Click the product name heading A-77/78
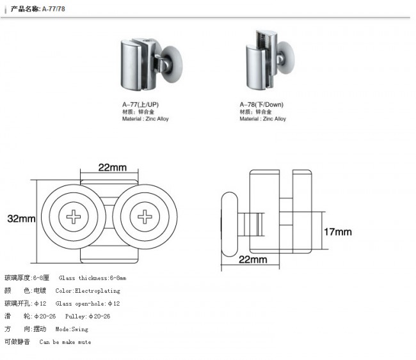tap(38, 9)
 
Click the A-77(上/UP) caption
tap(140, 104)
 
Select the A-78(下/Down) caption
tap(261, 104)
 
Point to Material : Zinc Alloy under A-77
tap(145, 119)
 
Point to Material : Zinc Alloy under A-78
tap(262, 119)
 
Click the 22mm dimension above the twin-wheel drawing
tap(112, 168)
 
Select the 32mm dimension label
tap(21, 219)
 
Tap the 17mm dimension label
tap(338, 232)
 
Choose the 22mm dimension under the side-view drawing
tap(253, 260)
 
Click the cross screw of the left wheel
tap(74, 217)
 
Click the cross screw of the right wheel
tap(145, 217)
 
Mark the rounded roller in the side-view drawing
tap(230, 224)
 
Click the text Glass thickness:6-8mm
tap(92, 278)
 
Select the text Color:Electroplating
tap(88, 291)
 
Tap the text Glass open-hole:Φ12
tap(88, 304)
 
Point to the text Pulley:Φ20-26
tap(88, 317)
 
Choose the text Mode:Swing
tap(72, 329)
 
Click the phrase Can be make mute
tap(65, 342)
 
